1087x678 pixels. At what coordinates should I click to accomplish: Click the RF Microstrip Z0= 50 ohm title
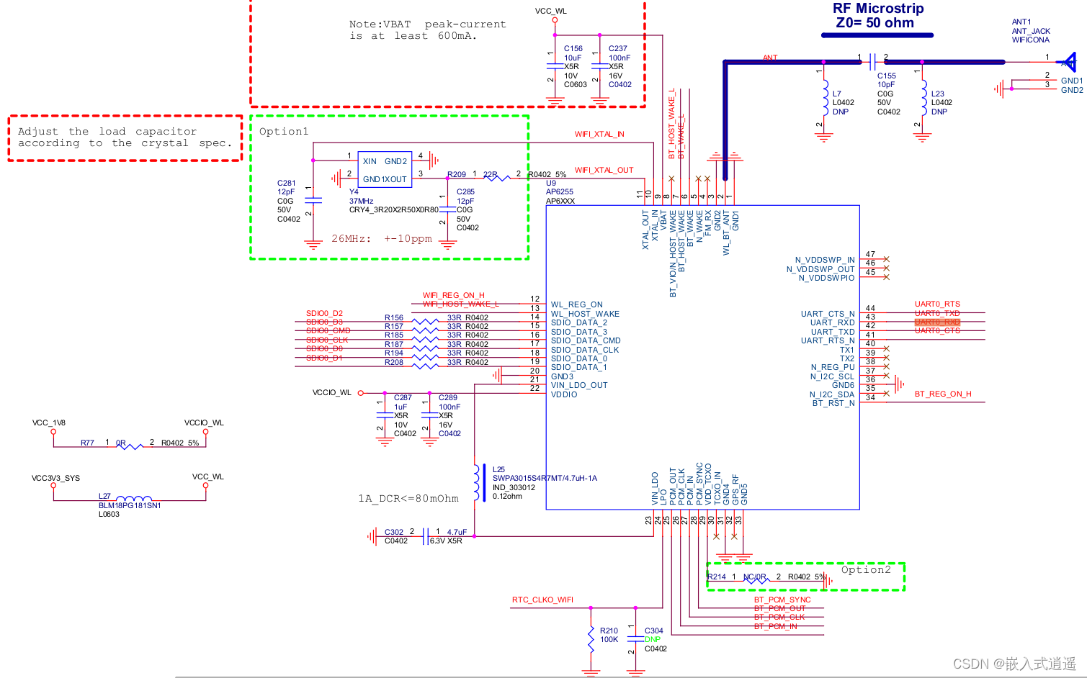pos(877,16)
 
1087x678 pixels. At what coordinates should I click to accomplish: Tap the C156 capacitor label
pos(573,49)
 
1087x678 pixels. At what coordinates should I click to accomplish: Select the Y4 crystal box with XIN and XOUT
pos(385,170)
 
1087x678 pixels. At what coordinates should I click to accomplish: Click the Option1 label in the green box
pos(284,132)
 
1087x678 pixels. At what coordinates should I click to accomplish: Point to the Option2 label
pos(865,570)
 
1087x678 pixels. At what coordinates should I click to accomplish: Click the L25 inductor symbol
pos(475,482)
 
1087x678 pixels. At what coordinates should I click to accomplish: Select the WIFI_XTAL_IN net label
pos(599,135)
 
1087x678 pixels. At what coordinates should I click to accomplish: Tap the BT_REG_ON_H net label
pos(942,394)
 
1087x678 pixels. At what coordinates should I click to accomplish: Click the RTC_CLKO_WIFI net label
pos(542,600)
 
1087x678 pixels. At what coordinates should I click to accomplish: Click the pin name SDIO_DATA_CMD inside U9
pos(585,341)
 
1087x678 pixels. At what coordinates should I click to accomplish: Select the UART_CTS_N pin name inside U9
pos(827,314)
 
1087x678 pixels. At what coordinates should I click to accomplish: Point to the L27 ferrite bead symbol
pos(133,499)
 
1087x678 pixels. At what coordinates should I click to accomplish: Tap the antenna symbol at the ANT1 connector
pos(1068,62)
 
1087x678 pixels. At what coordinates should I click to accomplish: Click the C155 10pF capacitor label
pos(886,76)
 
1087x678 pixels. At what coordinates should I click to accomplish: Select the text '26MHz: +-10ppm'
pos(381,239)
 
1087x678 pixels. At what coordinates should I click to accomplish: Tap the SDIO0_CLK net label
pos(327,340)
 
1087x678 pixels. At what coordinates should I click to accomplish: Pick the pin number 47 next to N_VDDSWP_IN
pos(870,255)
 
